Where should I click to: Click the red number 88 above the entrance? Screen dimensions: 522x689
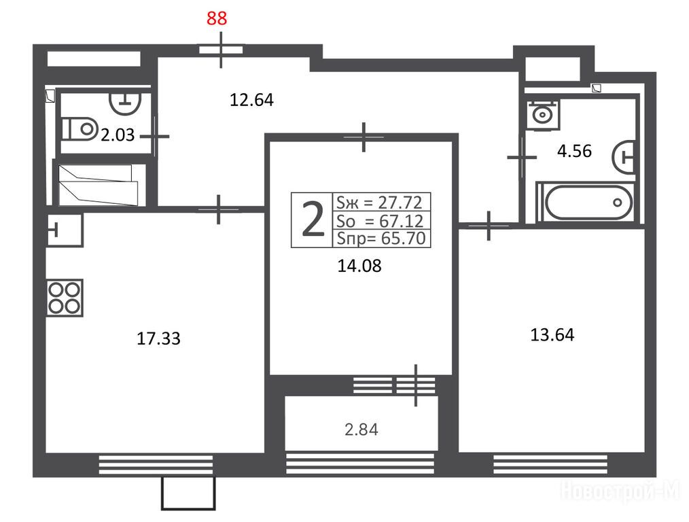(217, 18)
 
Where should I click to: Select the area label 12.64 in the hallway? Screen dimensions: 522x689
(251, 101)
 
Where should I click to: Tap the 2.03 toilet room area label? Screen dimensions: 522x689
(118, 135)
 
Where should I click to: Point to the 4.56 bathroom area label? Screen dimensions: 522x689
(574, 151)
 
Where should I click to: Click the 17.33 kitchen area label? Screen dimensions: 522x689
(159, 338)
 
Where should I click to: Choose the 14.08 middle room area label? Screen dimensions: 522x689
(359, 266)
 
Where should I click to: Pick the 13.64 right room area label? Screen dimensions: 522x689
(551, 334)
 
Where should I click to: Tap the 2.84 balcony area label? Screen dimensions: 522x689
(361, 429)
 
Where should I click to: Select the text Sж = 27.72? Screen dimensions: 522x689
(379, 202)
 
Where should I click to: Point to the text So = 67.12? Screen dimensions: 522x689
(379, 220)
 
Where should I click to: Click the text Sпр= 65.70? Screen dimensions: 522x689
(379, 238)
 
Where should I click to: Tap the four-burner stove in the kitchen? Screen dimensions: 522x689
(65, 297)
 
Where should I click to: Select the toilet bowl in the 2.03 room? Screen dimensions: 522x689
(79, 127)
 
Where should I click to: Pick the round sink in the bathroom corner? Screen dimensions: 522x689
(542, 114)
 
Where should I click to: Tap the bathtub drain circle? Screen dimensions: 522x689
(618, 203)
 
